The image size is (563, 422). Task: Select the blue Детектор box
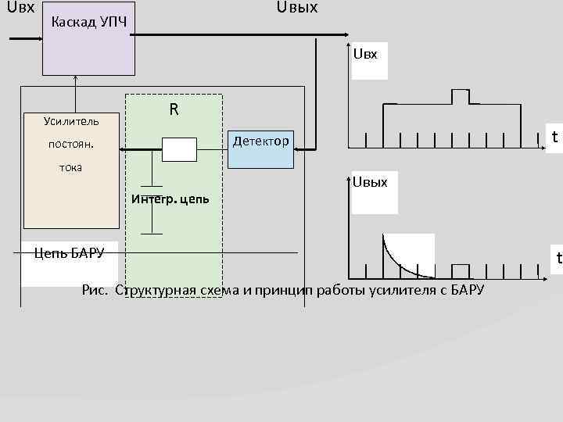click(x=261, y=148)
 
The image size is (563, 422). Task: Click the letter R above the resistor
click(x=174, y=109)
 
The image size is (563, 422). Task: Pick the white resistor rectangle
click(x=179, y=148)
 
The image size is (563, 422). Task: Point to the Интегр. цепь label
click(x=170, y=198)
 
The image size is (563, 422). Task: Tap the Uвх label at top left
click(x=20, y=9)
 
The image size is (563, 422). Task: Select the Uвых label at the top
click(x=297, y=9)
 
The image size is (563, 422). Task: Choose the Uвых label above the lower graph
click(x=370, y=182)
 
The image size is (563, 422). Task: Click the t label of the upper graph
click(x=554, y=138)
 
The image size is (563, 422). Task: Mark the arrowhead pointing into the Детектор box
click(x=309, y=147)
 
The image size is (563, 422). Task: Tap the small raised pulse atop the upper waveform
click(x=461, y=96)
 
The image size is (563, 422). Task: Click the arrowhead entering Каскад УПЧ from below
click(x=76, y=78)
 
